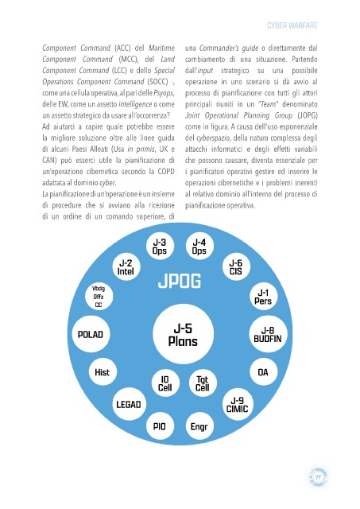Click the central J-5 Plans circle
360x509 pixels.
pos(183,334)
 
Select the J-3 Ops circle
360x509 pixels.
pos(160,247)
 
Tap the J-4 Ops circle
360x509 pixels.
pos(199,247)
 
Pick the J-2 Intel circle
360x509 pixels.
pos(126,267)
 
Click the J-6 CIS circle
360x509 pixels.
pos(236,267)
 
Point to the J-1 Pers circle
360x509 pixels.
pos(263,297)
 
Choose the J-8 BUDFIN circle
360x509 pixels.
pos(268,334)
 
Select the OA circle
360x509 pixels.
pos(263,372)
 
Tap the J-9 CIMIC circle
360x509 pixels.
pos(238,405)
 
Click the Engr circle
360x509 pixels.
pos(199,426)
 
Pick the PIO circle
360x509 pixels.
pos(160,426)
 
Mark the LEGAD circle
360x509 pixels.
pos(129,404)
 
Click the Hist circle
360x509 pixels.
pos(103,372)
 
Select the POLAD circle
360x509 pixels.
pos(91,334)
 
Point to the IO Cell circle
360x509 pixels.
pos(165,383)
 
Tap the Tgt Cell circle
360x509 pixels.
pos(203,383)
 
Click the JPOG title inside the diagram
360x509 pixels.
pos(180,281)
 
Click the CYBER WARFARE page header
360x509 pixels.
pos(292,25)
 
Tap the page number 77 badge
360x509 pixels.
pos(318,477)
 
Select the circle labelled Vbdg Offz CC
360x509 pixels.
pos(99,297)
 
